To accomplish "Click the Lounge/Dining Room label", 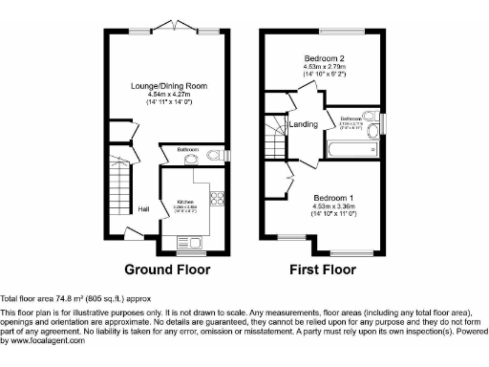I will tap(169, 86).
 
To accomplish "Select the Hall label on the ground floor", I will tap(143, 209).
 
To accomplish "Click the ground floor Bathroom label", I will tap(186, 150).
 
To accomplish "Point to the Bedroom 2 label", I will tap(324, 56).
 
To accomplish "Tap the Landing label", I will tap(305, 124).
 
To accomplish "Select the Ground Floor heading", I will tap(168, 270).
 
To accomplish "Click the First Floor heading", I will tap(323, 270).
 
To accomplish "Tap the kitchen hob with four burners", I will tap(216, 200).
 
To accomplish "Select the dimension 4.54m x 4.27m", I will tap(169, 96).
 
